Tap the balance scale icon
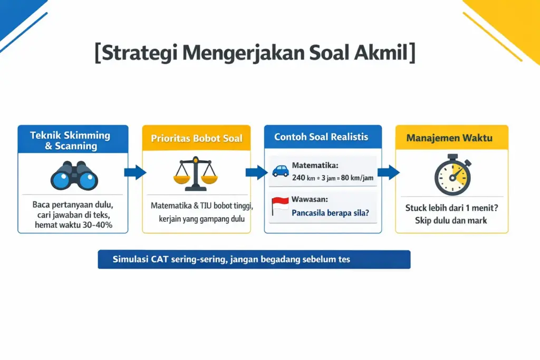pos(195,173)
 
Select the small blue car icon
pos(280,171)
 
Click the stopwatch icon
pos(451,174)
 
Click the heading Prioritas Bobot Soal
pos(196,139)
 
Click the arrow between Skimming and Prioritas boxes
pos(134,172)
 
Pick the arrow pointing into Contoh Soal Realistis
pos(256,172)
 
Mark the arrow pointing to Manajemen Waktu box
pos(387,172)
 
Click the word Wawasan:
pos(310,200)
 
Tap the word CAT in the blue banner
pos(157,259)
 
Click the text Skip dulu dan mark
pos(451,220)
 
